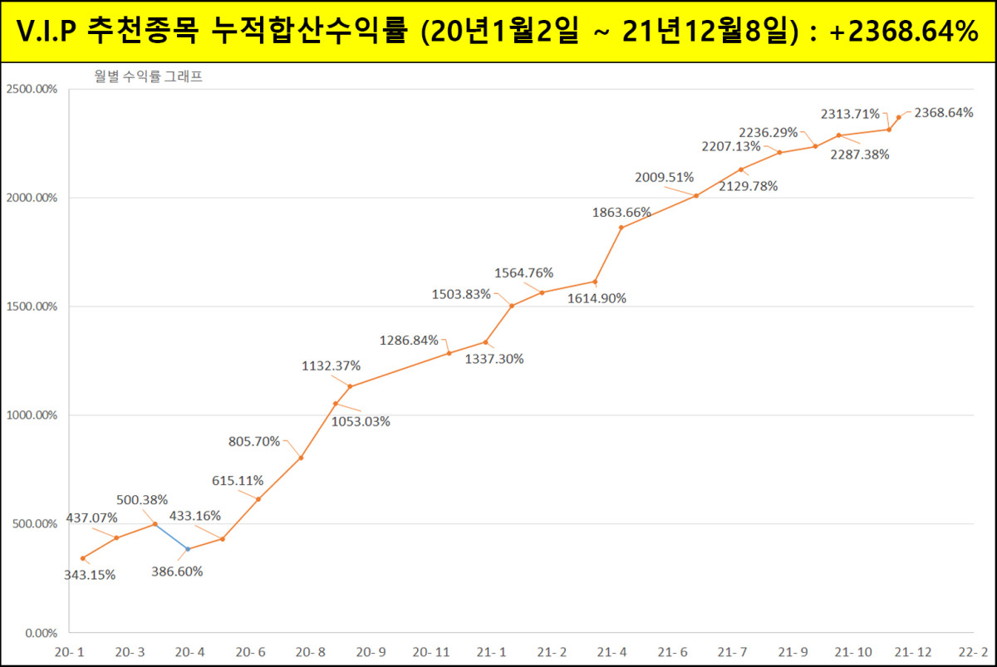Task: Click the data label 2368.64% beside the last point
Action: (x=944, y=113)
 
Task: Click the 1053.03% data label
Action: (x=361, y=421)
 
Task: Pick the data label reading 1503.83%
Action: (x=460, y=293)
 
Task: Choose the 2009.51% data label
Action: (x=664, y=177)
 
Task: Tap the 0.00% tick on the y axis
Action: (x=38, y=633)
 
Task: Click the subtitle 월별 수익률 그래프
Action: (x=149, y=76)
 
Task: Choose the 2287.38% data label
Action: (x=860, y=154)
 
